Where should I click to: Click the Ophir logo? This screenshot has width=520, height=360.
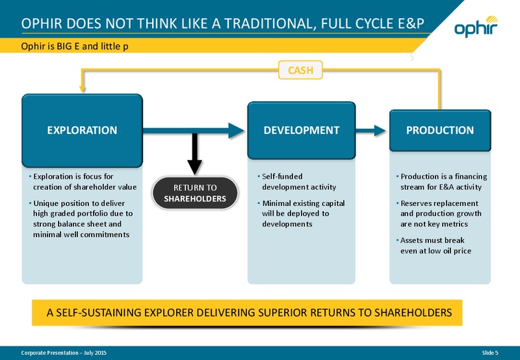pos(476,26)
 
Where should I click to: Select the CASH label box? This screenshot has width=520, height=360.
pos(300,70)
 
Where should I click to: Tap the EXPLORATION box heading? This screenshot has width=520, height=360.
pos(83,130)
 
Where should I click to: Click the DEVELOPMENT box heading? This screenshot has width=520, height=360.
pos(302,130)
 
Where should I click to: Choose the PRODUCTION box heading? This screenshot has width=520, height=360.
pos(440,130)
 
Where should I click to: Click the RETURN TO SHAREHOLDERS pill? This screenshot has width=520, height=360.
pos(195,193)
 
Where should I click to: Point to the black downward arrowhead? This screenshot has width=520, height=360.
pos(194,167)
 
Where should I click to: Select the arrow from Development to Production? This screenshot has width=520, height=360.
pos(370,130)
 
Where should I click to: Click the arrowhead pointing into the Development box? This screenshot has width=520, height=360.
pos(237,130)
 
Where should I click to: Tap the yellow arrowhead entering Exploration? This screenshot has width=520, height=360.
pos(83,89)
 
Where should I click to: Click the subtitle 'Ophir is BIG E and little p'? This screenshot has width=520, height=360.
pos(75,46)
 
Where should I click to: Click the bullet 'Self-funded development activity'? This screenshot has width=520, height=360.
pos(297,182)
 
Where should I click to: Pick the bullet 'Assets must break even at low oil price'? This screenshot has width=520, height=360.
pos(434,245)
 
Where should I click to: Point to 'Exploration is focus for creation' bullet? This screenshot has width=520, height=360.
pos(83,182)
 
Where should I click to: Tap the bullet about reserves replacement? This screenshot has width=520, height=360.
pos(439,214)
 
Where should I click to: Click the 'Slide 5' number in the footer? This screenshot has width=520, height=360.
pos(490,353)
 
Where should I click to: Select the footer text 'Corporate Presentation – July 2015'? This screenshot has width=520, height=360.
pos(64,353)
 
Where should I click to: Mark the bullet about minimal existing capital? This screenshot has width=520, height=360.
pos(302,214)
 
